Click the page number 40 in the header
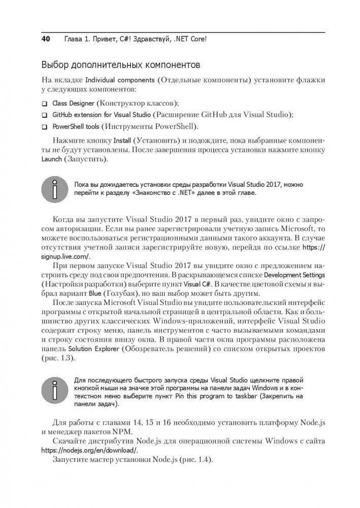coord(46,39)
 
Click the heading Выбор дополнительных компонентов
coord(120,66)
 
